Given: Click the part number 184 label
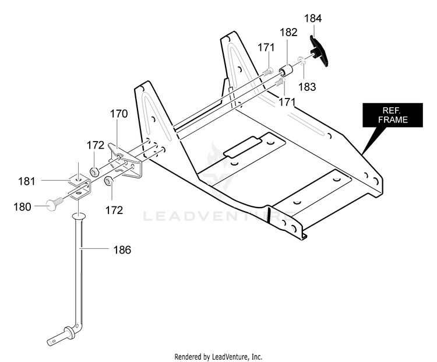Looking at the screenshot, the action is pos(313,19).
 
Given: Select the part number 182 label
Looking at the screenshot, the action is pos(288,32).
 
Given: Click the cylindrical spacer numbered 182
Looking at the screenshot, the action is pos(286,70).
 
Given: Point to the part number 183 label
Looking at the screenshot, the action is pos(307,87).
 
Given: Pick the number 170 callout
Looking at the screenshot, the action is pos(119,114).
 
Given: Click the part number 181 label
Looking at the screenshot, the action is pos(26,181).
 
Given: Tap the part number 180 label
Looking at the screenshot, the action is pos(22,207).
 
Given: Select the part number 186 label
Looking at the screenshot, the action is pos(122,250).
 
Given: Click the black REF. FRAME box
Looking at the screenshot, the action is pos(392,115).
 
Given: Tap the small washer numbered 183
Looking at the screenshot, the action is pos(301,61).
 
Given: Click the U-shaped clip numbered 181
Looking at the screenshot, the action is pos(80,187).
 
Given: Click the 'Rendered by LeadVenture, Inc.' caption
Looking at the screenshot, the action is pos(218,356).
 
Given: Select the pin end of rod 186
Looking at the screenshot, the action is pos(59,336).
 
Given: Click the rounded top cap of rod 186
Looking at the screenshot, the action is pos(79,216).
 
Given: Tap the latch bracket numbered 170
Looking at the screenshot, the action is pos(125,160).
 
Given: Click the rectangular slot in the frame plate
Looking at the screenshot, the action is pos(242,147).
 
